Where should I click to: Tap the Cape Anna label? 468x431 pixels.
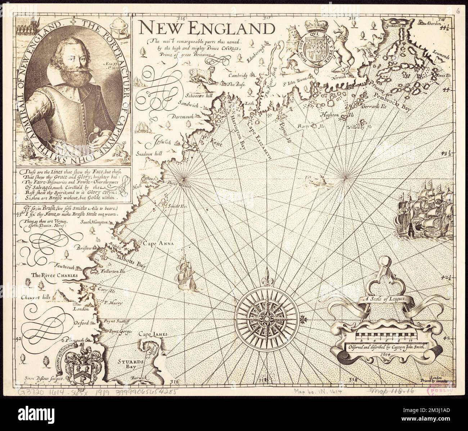coord(159,244)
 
